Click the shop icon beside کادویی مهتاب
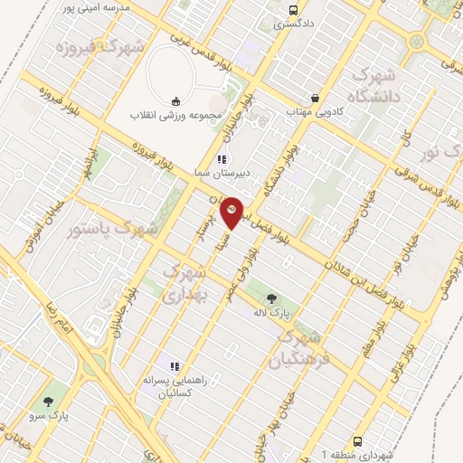point(314,97)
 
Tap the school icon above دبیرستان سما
point(222,160)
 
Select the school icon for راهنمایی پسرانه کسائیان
point(175,366)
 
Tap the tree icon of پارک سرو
point(48,402)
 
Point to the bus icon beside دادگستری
point(291,11)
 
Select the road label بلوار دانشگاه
point(279,169)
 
